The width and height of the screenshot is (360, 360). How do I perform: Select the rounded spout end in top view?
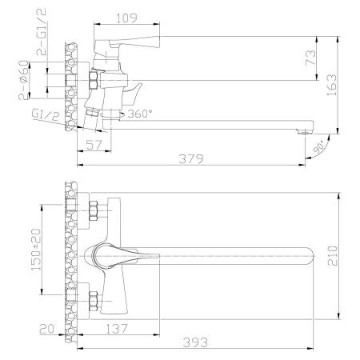click(x=314, y=254)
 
